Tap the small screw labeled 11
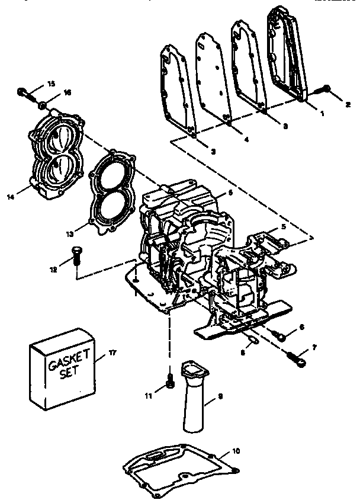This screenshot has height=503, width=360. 170,383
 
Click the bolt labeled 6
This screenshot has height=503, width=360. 282,336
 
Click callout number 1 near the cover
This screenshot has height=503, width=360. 323,113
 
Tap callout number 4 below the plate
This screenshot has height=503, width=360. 246,140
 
